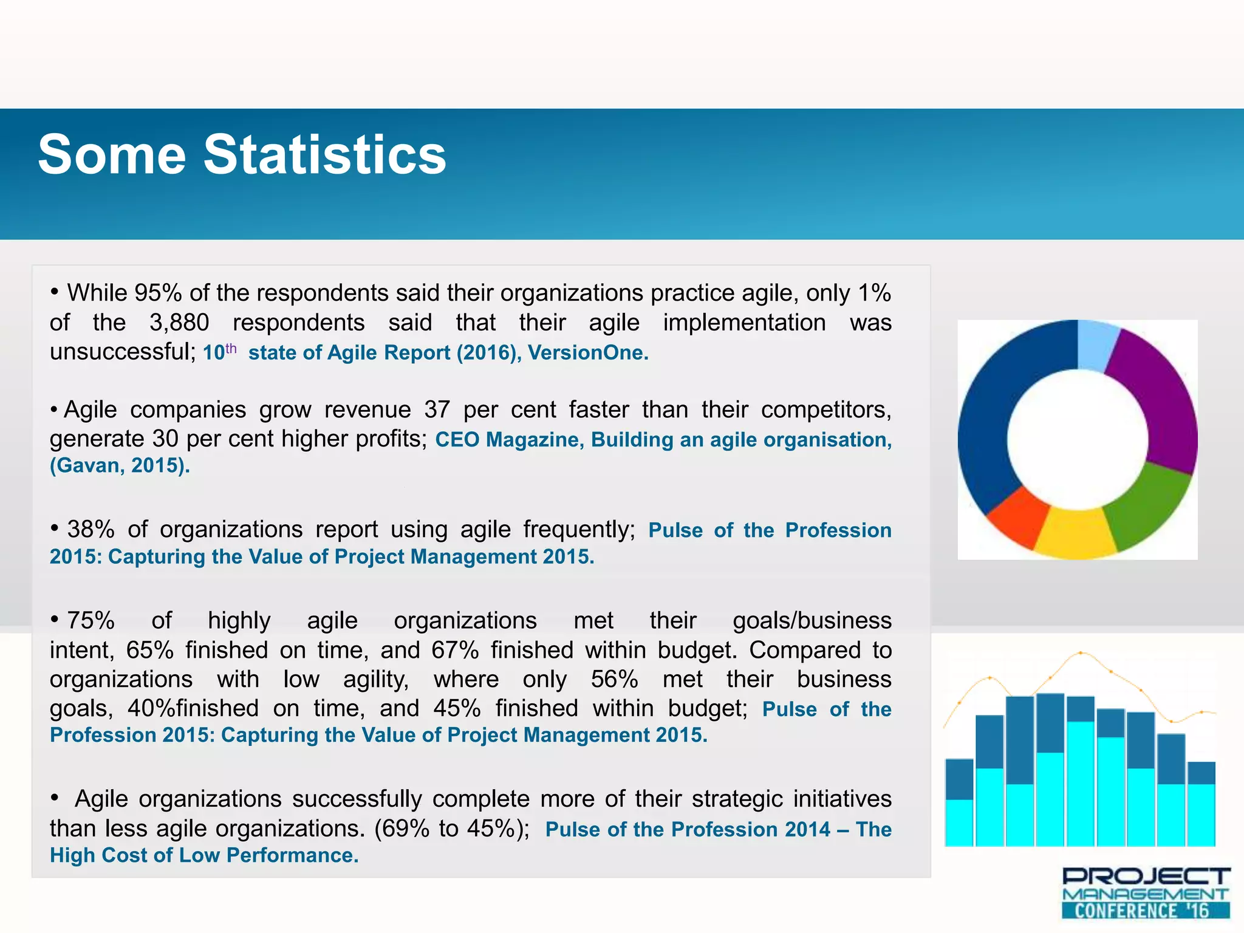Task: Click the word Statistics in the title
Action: tap(325, 155)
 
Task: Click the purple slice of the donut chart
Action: tap(1157, 401)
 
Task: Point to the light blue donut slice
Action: tap(1096, 345)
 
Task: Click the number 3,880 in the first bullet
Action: tap(179, 323)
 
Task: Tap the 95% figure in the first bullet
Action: tap(158, 293)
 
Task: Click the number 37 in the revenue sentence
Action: tap(437, 409)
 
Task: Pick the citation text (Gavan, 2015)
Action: tap(120, 465)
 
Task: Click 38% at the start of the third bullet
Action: tap(91, 529)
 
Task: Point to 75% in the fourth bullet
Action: tap(91, 620)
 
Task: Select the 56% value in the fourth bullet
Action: tap(614, 679)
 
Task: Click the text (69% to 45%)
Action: tap(452, 829)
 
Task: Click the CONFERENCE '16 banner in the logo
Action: tap(1145, 910)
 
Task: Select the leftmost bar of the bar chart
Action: tap(959, 802)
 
